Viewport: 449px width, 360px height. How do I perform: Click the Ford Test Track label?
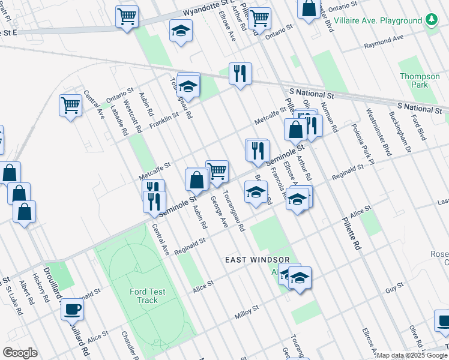pyautogui.click(x=148, y=296)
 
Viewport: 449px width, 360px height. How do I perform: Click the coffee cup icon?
pyautogui.click(x=72, y=310)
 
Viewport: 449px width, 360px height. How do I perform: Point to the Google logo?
pyautogui.click(x=20, y=353)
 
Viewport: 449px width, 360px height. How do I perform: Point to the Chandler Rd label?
pyautogui.click(x=130, y=344)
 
